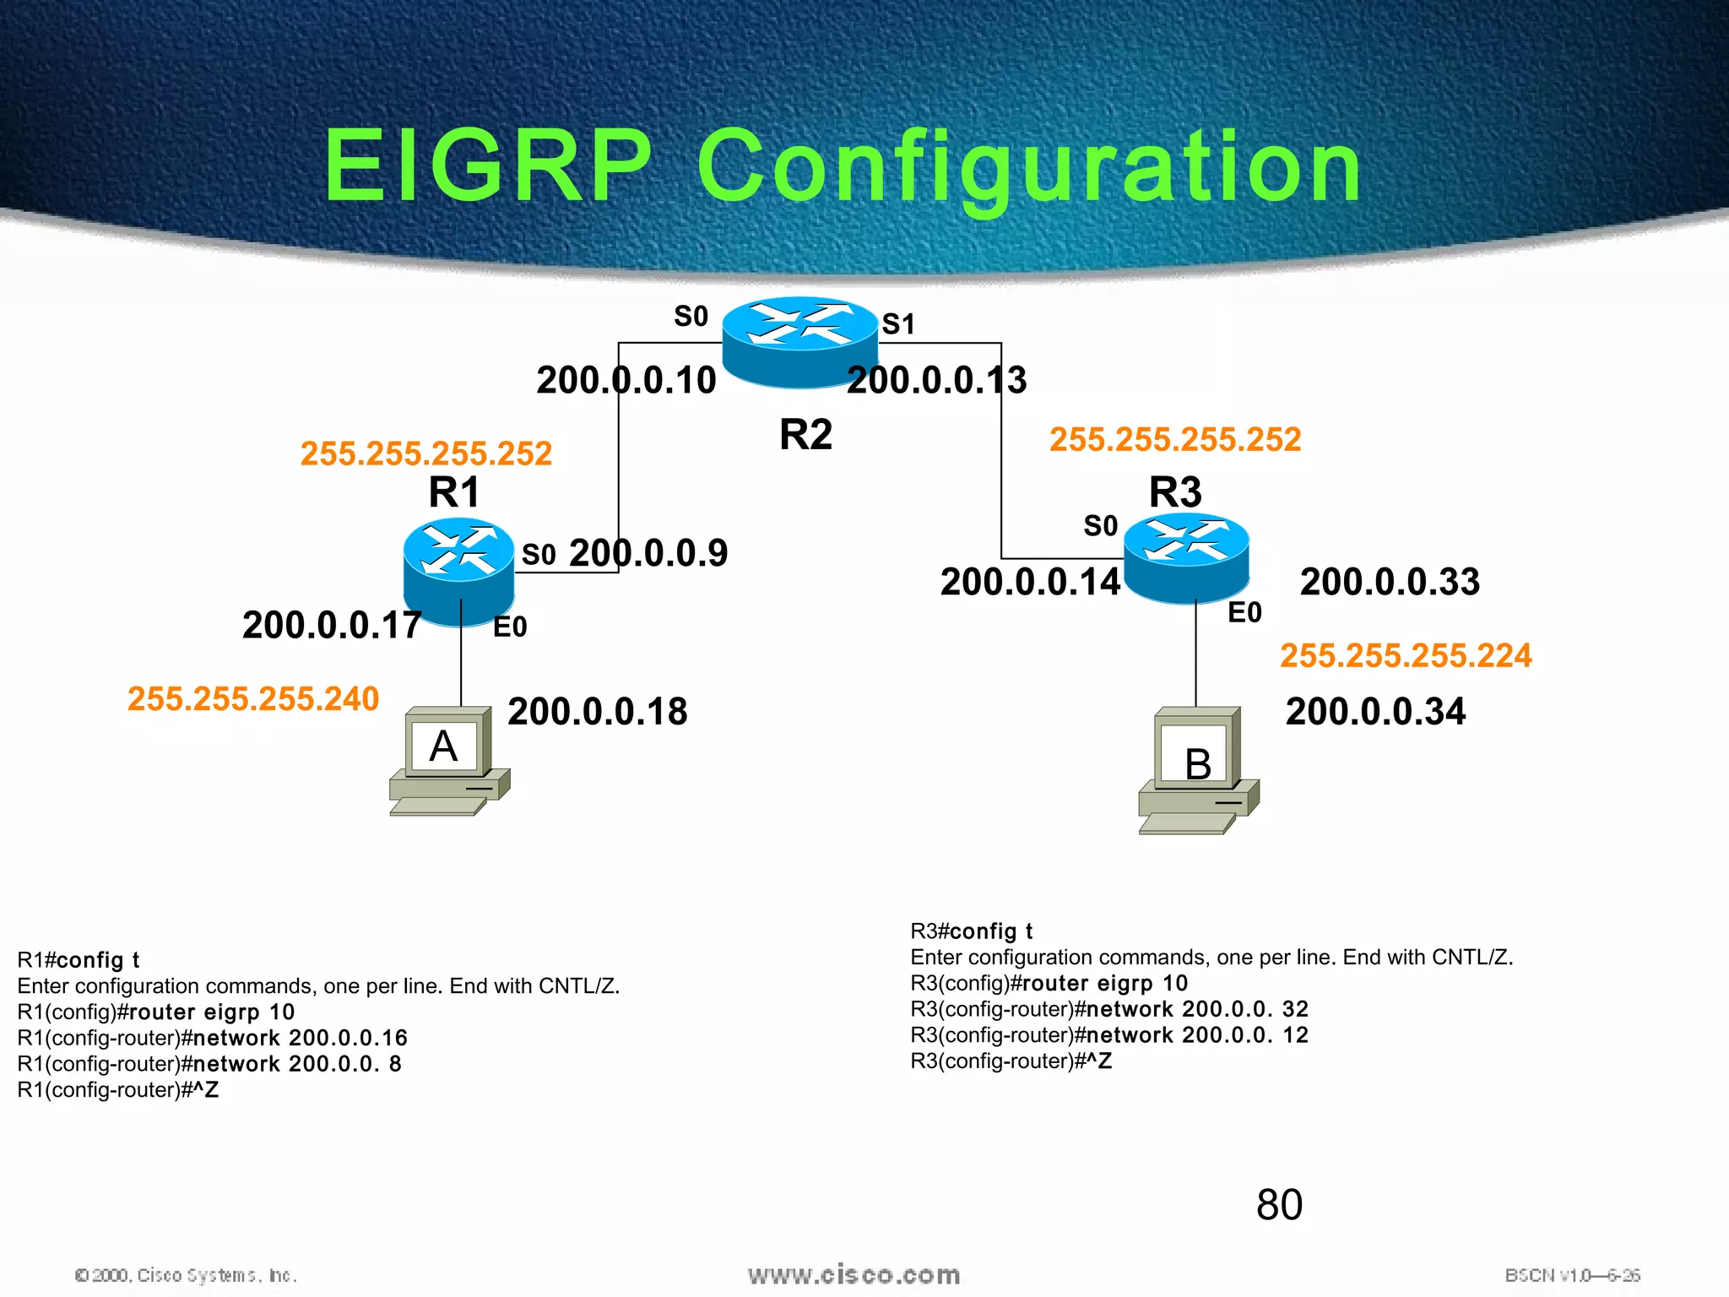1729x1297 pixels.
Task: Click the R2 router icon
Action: [x=799, y=341]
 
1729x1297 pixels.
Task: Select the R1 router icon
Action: [x=458, y=571]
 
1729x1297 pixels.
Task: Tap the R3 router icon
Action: [x=1186, y=558]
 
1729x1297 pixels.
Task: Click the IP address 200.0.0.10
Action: [x=626, y=381]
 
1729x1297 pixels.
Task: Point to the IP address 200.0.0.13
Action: [x=936, y=381]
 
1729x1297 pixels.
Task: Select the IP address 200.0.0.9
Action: [x=648, y=554]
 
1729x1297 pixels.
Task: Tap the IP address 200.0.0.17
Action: [x=332, y=626]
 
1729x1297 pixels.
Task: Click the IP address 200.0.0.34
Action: [x=1375, y=712]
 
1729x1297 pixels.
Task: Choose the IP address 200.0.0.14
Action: [x=1030, y=583]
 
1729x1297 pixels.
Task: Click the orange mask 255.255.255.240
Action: [x=253, y=699]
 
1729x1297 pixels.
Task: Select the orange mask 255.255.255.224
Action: [x=1406, y=656]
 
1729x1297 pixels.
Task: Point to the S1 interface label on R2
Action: [x=898, y=324]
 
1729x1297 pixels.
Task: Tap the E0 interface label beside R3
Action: [x=1244, y=613]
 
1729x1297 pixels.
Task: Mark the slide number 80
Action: [x=1279, y=1205]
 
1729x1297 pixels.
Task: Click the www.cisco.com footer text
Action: [x=854, y=1275]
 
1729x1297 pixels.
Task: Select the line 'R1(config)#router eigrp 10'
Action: [x=156, y=1012]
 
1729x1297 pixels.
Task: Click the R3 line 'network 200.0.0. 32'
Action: [x=1109, y=1010]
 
